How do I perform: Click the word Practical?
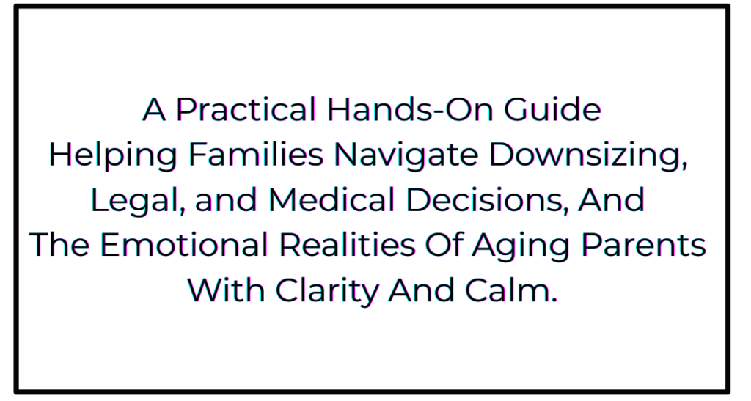246,110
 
